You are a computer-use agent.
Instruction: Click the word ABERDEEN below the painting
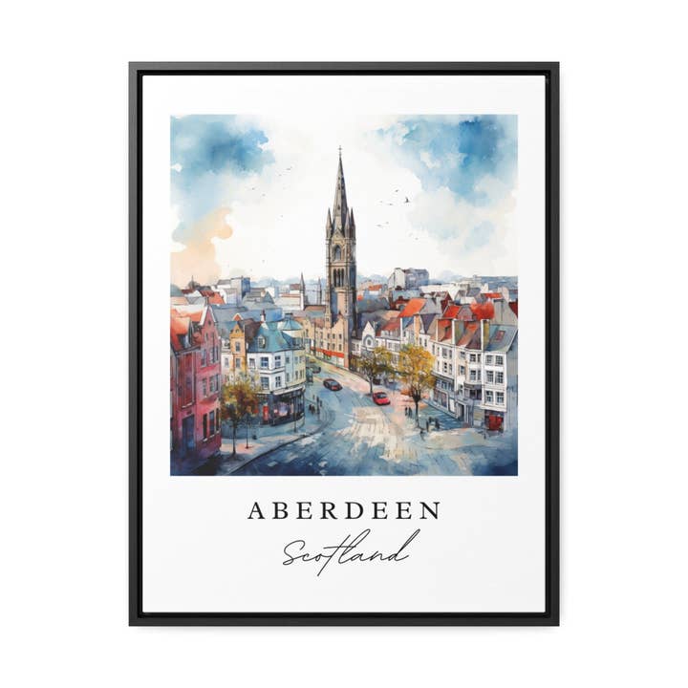coord(344,510)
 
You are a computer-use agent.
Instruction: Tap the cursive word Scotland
coord(351,549)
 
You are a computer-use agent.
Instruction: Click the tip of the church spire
coord(339,150)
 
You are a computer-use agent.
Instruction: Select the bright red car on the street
coord(380,398)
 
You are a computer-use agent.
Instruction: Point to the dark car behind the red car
coord(332,384)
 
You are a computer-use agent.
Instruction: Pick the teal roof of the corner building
coord(272,338)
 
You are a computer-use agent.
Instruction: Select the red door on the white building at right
coord(493,421)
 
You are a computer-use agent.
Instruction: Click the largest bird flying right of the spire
coord(405,200)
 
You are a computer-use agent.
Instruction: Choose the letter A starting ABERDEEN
coord(255,511)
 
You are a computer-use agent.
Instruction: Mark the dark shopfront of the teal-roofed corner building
coord(284,405)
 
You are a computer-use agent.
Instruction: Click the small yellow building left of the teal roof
coord(236,350)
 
